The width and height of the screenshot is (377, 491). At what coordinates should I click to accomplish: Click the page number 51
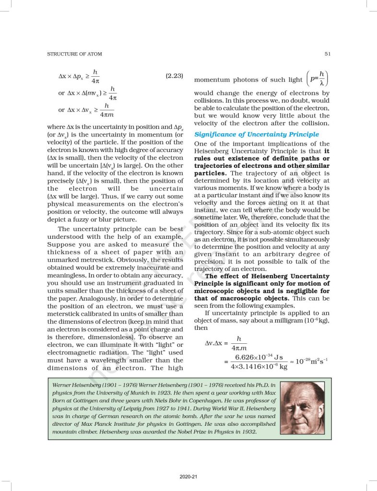(328, 54)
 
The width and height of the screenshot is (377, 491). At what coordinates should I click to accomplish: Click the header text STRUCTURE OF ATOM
(74, 54)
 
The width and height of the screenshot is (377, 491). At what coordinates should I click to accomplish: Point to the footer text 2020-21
(188, 477)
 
